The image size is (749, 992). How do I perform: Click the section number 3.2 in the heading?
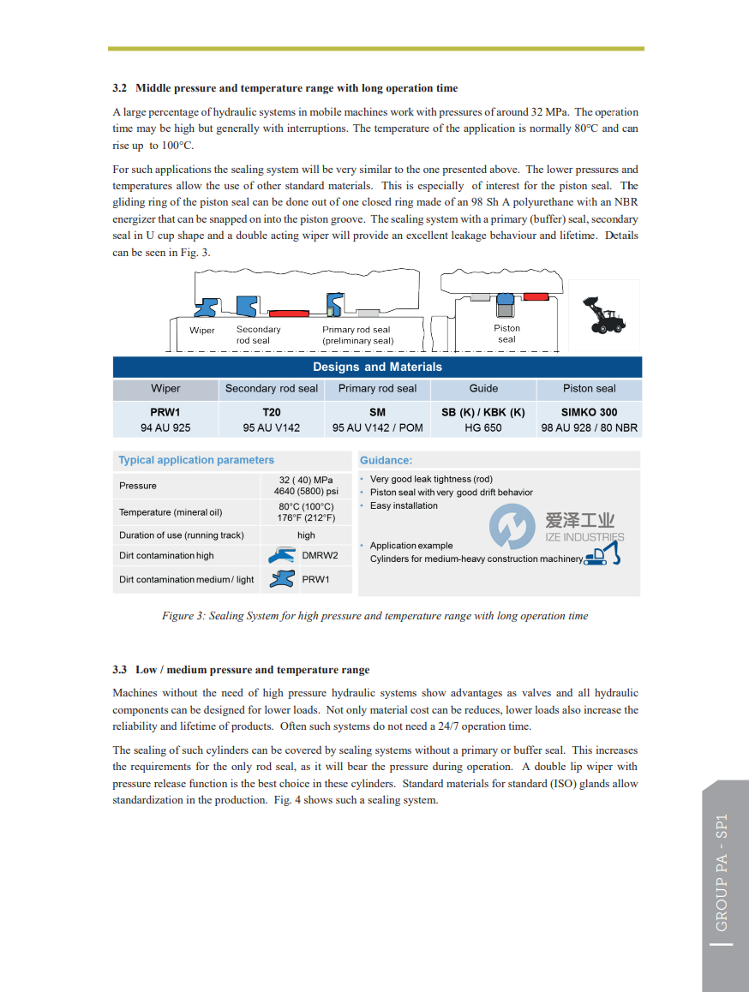[120, 88]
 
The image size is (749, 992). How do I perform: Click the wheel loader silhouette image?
[603, 315]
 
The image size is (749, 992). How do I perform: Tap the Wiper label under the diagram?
[202, 330]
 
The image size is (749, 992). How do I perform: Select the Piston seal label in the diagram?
[506, 333]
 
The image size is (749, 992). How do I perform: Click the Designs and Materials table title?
[377, 367]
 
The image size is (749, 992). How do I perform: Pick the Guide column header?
[483, 388]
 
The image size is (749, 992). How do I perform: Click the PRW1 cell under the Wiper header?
[165, 412]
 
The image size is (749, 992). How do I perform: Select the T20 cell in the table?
[271, 412]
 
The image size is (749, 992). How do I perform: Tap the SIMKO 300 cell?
[589, 412]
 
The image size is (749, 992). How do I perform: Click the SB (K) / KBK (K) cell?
[483, 412]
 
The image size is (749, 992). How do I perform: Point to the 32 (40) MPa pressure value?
[306, 480]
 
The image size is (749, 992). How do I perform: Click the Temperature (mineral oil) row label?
[171, 512]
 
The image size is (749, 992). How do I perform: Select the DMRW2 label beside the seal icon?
[320, 555]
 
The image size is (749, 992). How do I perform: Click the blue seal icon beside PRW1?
[283, 579]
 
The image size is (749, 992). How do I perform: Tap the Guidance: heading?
[386, 460]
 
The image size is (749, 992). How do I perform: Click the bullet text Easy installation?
[404, 505]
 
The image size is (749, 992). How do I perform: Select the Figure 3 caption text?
[374, 616]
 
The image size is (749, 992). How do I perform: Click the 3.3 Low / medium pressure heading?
[242, 670]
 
